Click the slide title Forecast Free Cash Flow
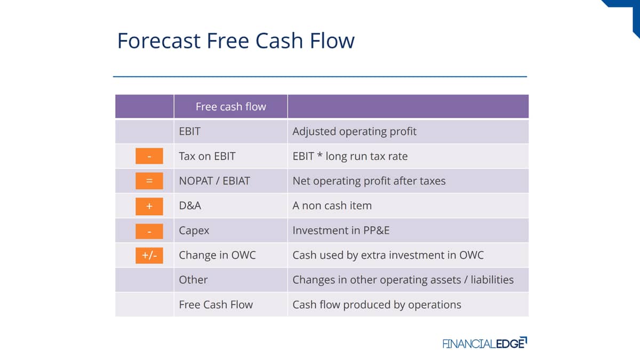point(236,41)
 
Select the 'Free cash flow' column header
point(231,107)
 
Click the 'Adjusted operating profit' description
point(354,132)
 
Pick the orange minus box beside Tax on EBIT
point(149,156)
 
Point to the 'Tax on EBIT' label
point(207,156)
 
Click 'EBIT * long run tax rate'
point(350,156)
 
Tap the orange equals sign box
point(149,181)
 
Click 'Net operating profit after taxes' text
point(369,181)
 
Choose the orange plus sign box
point(149,206)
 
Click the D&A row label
point(190,206)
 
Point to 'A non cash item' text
point(332,206)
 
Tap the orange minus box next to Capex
point(149,231)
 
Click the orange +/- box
point(149,255)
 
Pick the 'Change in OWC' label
point(217,255)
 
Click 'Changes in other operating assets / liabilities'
point(403,280)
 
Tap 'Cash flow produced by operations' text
point(377,305)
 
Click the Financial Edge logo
point(485,343)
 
